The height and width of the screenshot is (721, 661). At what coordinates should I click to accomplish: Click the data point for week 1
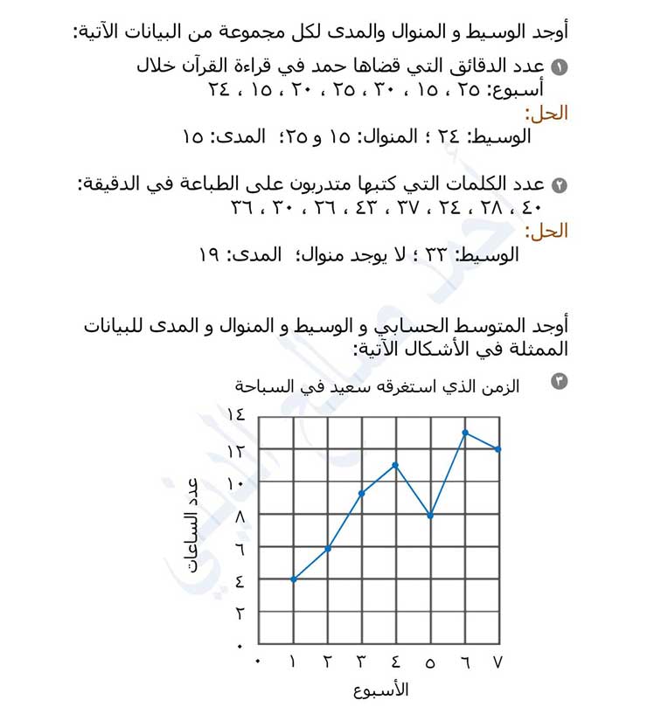pyautogui.click(x=293, y=579)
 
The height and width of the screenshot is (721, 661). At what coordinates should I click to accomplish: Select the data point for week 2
pyautogui.click(x=328, y=549)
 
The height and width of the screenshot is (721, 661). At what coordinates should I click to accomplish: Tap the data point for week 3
pyautogui.click(x=361, y=493)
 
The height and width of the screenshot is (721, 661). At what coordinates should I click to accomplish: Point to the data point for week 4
pyautogui.click(x=396, y=465)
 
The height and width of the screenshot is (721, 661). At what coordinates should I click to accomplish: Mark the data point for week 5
pyautogui.click(x=430, y=516)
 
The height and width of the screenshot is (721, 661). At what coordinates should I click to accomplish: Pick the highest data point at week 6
pyautogui.click(x=465, y=432)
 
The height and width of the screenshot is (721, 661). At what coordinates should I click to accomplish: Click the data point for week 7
pyautogui.click(x=498, y=449)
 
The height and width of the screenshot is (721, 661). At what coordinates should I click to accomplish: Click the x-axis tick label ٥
pyautogui.click(x=430, y=662)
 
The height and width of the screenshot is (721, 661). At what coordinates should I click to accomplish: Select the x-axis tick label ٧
pyautogui.click(x=498, y=662)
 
